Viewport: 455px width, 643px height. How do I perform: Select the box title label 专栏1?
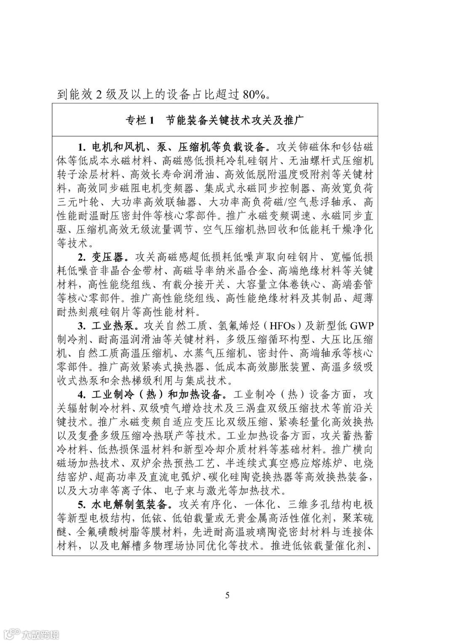click(x=139, y=120)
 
